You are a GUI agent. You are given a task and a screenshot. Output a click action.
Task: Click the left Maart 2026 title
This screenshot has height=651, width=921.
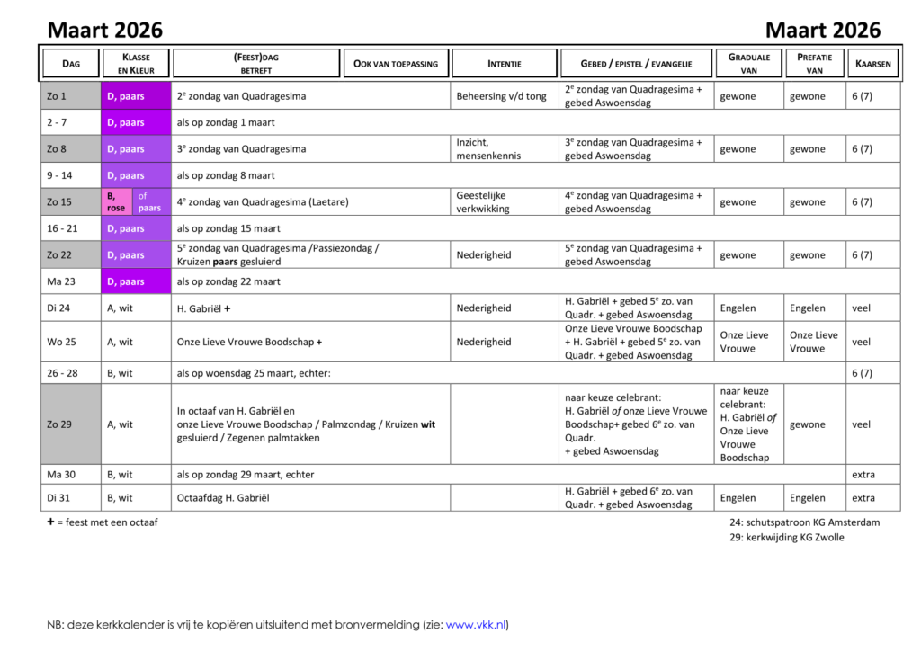click(x=105, y=30)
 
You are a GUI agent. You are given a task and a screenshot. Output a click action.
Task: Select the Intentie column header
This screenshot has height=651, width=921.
click(x=504, y=63)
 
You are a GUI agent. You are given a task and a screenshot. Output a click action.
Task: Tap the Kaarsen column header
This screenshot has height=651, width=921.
click(x=873, y=63)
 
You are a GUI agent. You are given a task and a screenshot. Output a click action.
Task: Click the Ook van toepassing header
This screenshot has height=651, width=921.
click(x=396, y=63)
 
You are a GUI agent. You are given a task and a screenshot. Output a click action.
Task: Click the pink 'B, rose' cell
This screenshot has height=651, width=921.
click(x=117, y=202)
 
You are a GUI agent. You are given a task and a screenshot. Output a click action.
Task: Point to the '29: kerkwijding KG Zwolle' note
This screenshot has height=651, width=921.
click(x=787, y=538)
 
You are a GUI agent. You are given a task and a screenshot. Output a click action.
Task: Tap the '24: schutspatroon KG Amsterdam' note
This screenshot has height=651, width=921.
click(x=804, y=522)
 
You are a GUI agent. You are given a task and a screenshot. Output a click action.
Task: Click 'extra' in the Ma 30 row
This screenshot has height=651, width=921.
click(x=863, y=475)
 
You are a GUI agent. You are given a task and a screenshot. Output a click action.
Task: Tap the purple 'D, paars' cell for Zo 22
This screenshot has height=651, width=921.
click(x=136, y=255)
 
